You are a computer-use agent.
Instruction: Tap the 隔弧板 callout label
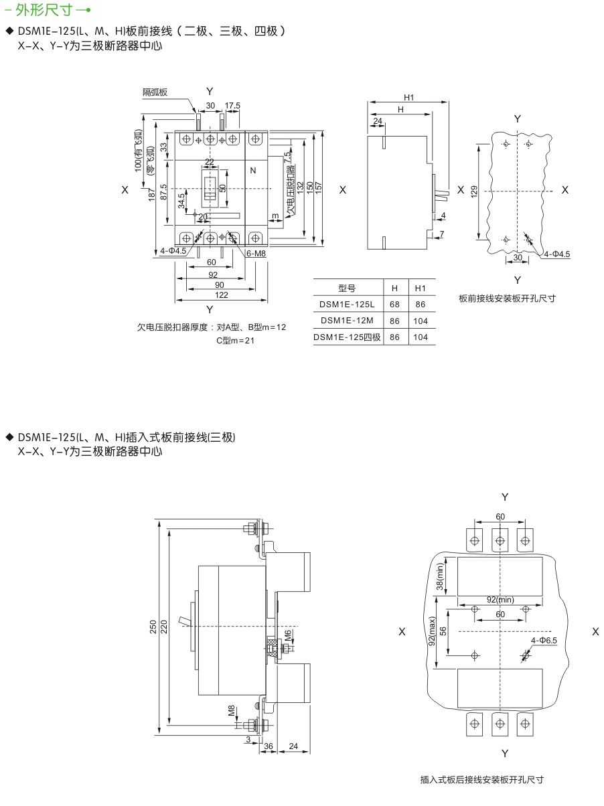coord(155,92)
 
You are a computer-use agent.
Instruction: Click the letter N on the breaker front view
coord(253,170)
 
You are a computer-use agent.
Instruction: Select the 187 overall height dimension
coord(153,194)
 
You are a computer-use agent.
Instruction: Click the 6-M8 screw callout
coord(256,254)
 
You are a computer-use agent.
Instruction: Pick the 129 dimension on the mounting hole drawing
coord(475,191)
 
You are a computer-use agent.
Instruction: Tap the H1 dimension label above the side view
coord(408,98)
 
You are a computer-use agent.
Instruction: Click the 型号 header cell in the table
coord(346,288)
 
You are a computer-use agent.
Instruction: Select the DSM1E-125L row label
coord(346,304)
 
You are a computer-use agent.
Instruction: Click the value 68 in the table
coord(395,304)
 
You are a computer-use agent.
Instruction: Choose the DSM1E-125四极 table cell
coord(347,337)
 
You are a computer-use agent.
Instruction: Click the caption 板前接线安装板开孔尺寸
coord(507,299)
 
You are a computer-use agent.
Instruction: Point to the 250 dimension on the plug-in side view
coord(153,627)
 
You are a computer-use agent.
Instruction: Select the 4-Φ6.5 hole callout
coord(544,640)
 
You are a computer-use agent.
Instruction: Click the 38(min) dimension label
coord(441,577)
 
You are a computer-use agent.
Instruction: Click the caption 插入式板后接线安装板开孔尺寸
coord(481,779)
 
